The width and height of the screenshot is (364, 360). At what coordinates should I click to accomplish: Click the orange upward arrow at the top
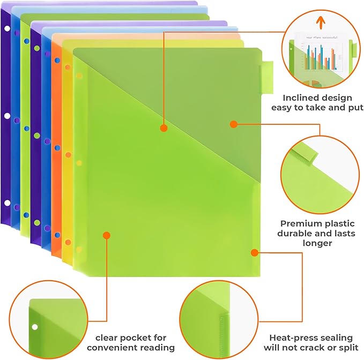click(321, 21)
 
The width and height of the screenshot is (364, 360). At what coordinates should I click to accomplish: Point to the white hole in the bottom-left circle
click(35, 327)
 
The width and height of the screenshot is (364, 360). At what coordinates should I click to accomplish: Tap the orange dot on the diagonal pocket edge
click(164, 128)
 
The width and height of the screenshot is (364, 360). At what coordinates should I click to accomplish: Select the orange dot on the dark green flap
click(233, 124)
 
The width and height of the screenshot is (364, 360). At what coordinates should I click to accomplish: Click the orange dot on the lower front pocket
click(106, 235)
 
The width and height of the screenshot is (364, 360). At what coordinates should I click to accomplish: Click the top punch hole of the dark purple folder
click(6, 28)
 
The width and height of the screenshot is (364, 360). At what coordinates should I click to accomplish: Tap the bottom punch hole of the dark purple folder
click(7, 203)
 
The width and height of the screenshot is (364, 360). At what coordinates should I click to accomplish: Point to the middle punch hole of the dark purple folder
click(6, 116)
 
